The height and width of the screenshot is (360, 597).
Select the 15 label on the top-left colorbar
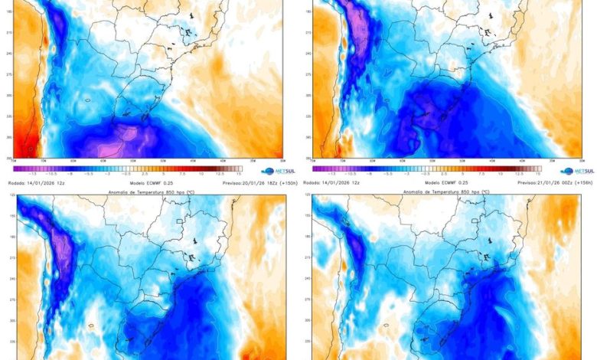[x=240, y=175]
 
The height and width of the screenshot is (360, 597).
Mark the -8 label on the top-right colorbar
[x=364, y=175]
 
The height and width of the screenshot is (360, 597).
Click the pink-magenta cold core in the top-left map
[x=119, y=138]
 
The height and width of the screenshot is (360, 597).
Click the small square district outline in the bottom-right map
[x=477, y=221]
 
